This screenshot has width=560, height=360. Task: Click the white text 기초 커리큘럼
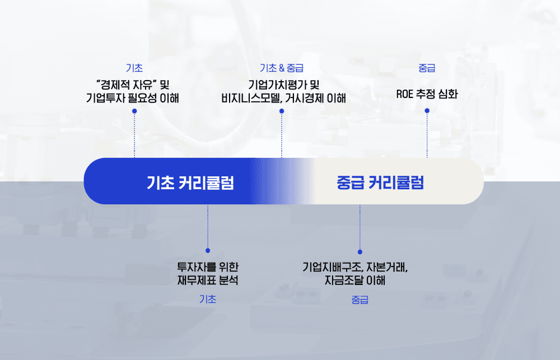190,183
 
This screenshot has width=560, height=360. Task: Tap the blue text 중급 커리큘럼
380,183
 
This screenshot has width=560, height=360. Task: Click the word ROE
404,94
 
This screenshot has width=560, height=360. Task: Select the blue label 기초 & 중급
281,68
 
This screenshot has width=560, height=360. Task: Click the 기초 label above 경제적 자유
134,68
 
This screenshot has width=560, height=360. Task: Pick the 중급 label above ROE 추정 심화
427,68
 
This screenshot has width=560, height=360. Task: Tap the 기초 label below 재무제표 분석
208,299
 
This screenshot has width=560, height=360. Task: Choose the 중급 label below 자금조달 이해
360,300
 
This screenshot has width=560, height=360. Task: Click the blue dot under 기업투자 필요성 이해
134,111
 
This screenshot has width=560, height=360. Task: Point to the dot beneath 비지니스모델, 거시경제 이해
282,111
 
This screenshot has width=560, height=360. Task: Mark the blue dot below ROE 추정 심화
427,111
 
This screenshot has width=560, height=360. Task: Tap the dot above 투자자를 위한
208,250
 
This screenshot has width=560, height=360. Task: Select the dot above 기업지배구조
360,252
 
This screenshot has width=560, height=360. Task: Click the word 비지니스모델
252,99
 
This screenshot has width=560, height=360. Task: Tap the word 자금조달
343,280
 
